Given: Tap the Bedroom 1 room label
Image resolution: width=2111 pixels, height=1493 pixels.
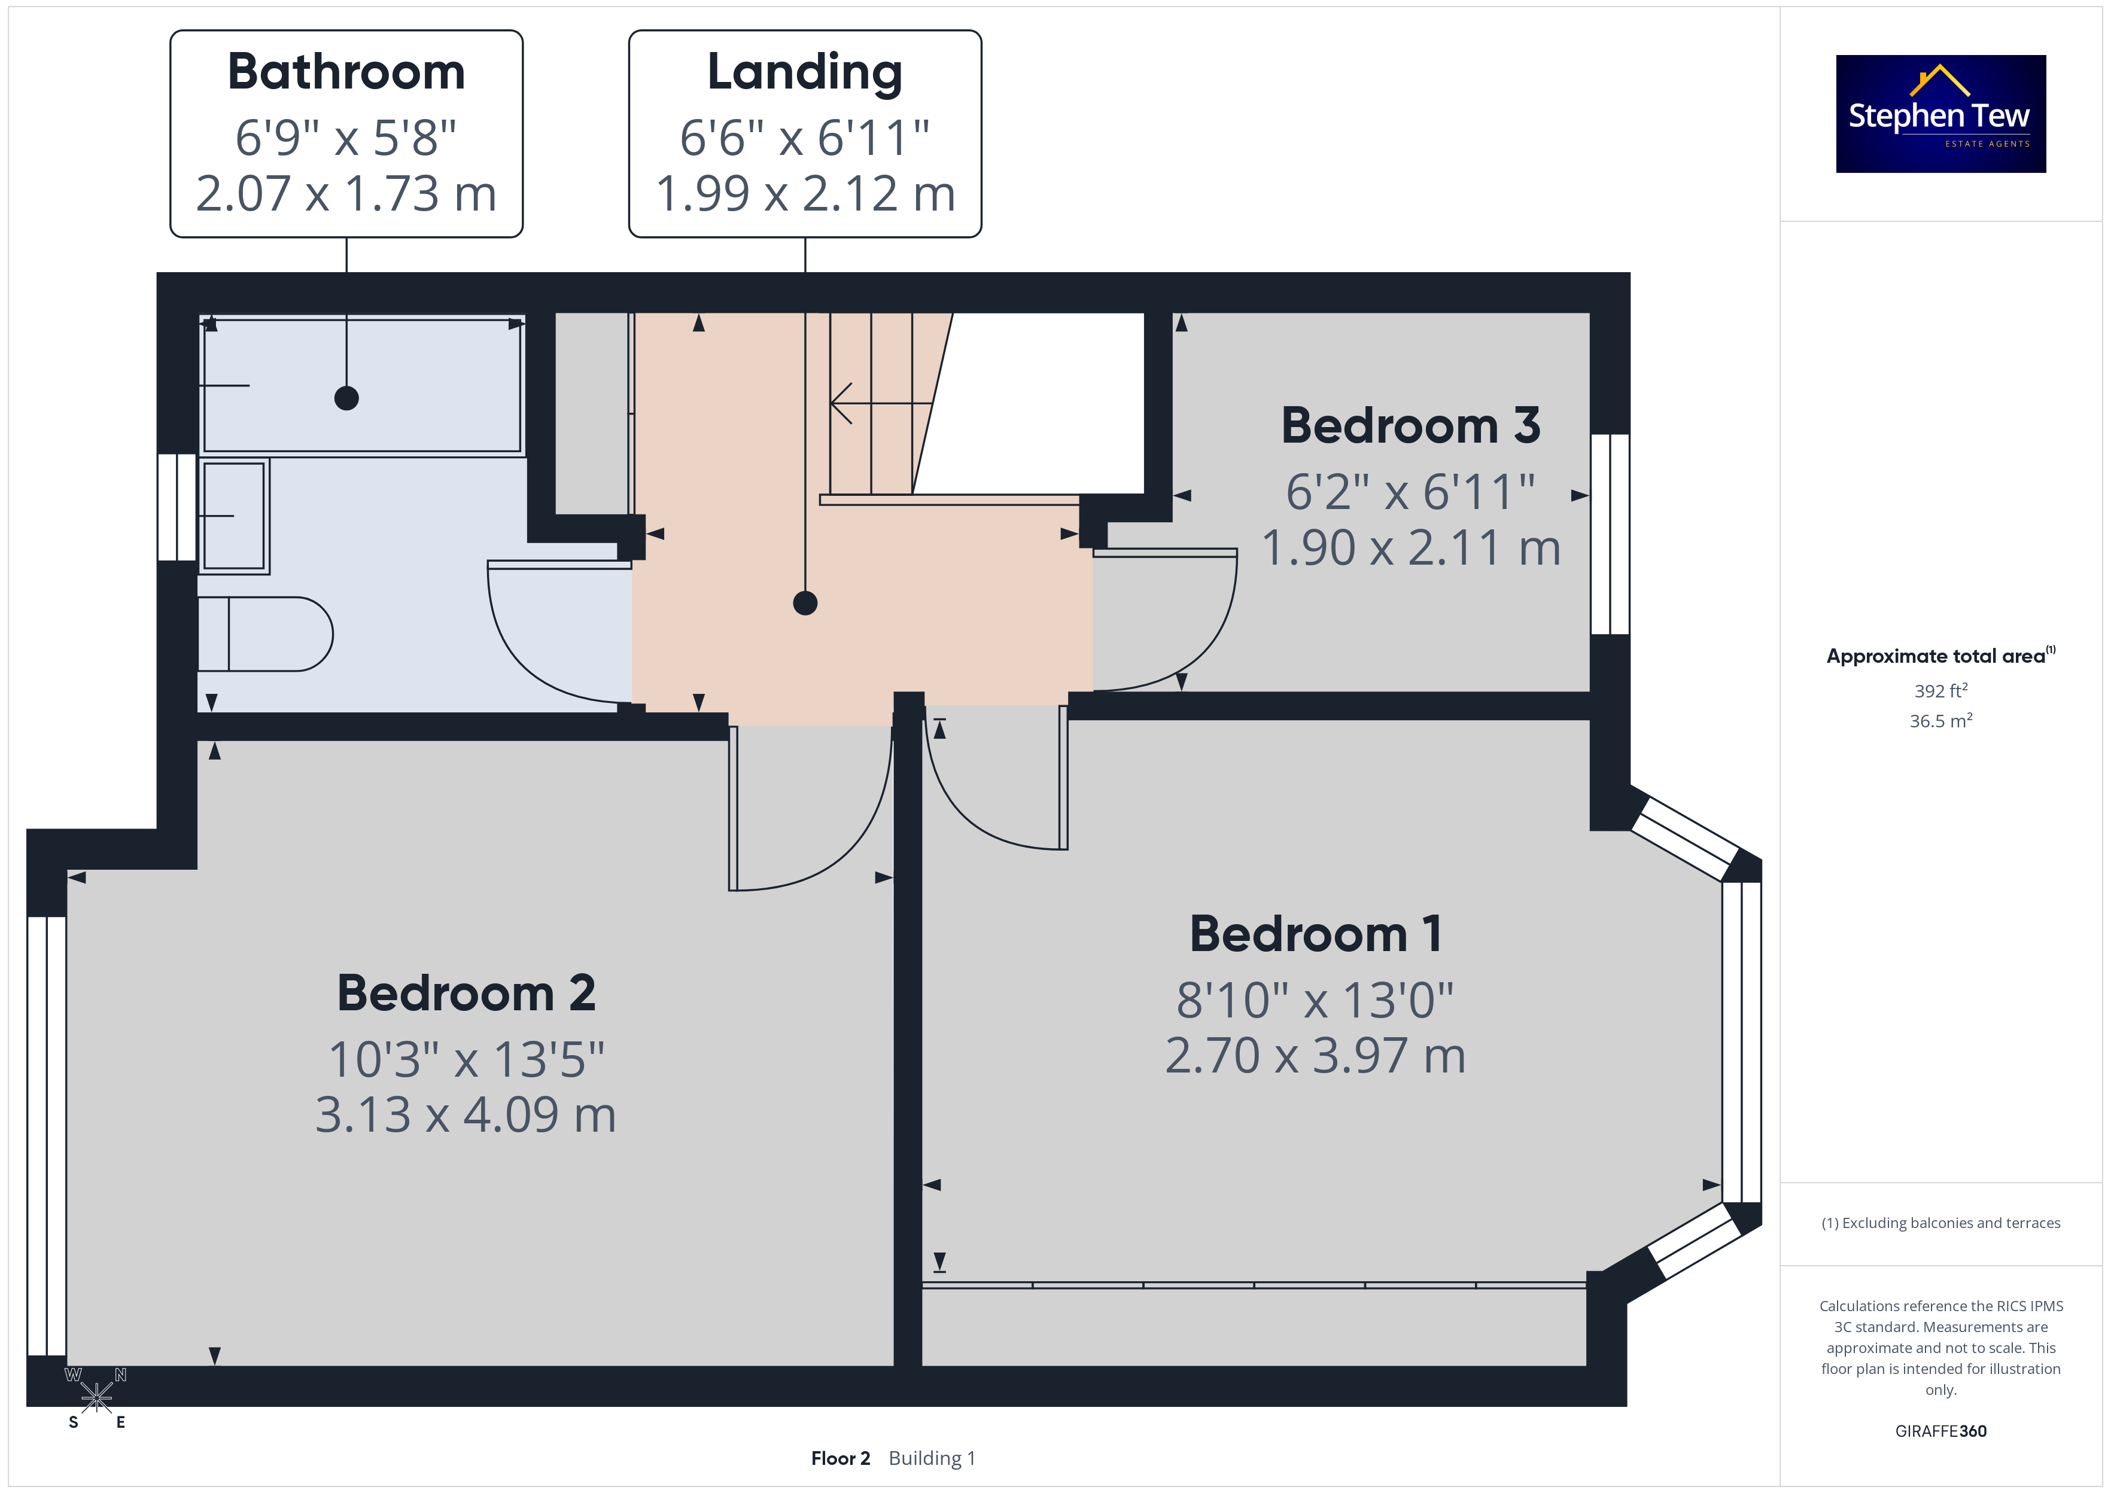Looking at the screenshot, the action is (x=1316, y=934).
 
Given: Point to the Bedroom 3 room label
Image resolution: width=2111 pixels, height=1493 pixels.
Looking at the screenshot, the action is (x=1410, y=426).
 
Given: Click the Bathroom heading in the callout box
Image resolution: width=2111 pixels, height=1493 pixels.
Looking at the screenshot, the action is (x=346, y=72).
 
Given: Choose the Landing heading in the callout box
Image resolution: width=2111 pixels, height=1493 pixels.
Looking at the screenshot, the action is (x=805, y=72).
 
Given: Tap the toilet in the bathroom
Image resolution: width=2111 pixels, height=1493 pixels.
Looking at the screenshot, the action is (x=265, y=634).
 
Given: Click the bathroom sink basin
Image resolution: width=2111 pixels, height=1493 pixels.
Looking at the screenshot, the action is (x=235, y=516).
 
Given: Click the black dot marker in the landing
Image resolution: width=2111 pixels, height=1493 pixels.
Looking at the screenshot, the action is (x=805, y=603).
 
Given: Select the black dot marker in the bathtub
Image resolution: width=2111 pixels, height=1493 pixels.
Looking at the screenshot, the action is (x=346, y=398).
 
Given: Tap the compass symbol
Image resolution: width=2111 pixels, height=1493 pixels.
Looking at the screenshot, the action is (x=96, y=1398).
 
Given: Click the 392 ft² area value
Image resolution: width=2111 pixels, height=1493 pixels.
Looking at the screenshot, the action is (x=1941, y=690).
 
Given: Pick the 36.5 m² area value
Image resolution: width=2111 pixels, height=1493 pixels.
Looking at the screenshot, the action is (x=1941, y=721).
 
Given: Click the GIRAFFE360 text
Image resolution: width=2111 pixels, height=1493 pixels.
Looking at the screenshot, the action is (x=1941, y=1431).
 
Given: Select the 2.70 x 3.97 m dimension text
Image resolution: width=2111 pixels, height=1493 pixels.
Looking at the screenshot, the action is (x=1316, y=1055).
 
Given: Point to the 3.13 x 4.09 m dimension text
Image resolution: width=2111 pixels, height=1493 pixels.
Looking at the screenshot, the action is (x=466, y=1114).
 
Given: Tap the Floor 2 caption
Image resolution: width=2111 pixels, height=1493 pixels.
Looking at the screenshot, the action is (x=840, y=1458).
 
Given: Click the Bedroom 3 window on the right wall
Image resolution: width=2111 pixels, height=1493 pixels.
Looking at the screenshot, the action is (x=1610, y=534).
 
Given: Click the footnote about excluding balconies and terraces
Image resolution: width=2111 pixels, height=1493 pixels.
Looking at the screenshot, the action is (x=1941, y=1223).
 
